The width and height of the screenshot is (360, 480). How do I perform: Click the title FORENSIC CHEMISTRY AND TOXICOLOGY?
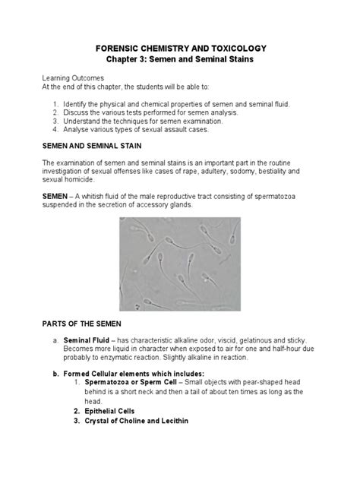click(x=179, y=49)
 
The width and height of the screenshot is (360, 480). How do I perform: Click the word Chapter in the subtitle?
click(x=130, y=60)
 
